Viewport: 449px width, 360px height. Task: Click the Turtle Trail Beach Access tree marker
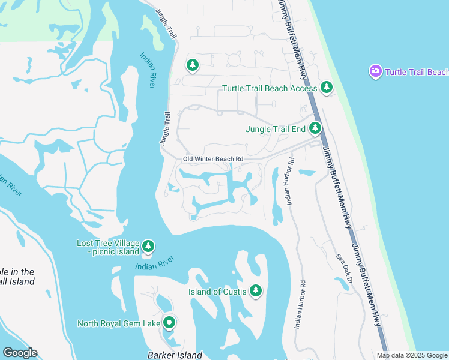[x=327, y=88]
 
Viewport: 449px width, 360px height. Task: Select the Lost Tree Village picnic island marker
[x=148, y=246]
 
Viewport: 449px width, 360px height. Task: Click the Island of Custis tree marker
[x=256, y=291]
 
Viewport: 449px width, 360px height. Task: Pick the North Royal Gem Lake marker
[x=169, y=323]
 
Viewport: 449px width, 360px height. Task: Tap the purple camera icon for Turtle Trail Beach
[x=376, y=72]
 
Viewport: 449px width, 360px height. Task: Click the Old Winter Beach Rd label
[x=213, y=159]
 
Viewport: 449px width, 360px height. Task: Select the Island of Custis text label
[x=217, y=292]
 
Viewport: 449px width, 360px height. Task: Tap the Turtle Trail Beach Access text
[x=270, y=88]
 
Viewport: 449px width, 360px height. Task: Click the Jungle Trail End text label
[x=276, y=128]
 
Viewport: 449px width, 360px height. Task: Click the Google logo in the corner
[x=20, y=353]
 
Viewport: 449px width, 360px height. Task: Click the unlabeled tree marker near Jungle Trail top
[x=192, y=64]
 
